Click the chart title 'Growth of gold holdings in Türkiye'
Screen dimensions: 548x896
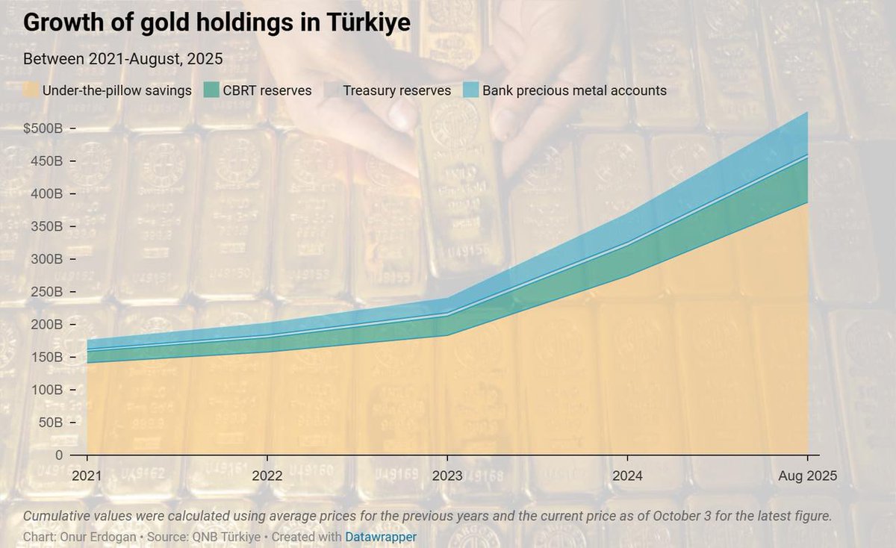tap(217, 23)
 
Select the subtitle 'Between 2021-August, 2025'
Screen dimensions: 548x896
tap(123, 58)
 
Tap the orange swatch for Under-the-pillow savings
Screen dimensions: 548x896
tap(31, 90)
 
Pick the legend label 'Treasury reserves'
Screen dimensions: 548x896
tap(396, 90)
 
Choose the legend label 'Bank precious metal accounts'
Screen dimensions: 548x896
tap(574, 90)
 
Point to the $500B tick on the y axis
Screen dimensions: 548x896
tap(43, 128)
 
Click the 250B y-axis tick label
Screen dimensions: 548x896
tap(47, 292)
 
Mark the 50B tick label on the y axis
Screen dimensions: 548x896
tap(51, 423)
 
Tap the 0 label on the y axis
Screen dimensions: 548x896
tap(58, 455)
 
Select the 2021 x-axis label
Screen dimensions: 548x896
tap(87, 476)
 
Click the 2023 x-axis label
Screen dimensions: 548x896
tap(447, 476)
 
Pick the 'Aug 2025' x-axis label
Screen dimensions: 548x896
tap(807, 476)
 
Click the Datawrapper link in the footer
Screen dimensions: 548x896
tap(381, 536)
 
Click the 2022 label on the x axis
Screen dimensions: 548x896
tap(267, 476)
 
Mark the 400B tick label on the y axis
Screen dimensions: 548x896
tap(47, 193)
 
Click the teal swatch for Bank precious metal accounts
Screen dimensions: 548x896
tap(471, 90)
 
